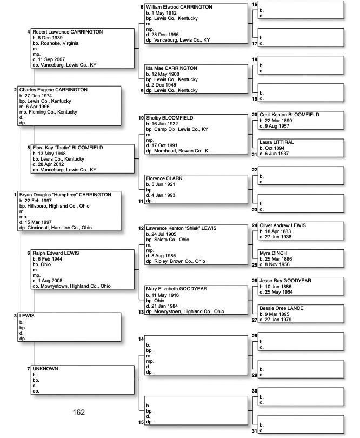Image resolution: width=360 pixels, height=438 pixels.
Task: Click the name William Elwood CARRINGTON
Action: (x=181, y=7)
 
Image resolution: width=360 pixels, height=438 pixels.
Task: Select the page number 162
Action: (x=79, y=413)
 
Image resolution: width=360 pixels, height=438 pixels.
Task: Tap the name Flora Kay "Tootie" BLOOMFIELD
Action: (x=68, y=148)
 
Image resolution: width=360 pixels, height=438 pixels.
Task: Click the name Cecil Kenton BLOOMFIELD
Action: (x=289, y=115)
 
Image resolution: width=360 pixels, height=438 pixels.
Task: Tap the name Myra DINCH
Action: (x=274, y=253)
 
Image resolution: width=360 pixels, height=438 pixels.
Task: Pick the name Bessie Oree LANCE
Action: (x=282, y=308)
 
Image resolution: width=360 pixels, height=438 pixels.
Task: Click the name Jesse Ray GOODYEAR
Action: (x=285, y=281)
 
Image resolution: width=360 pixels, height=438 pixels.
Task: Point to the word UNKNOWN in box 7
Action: (x=45, y=369)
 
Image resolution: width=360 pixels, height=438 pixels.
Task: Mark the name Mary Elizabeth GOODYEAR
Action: (x=176, y=289)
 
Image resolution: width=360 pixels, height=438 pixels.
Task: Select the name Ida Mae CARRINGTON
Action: (x=171, y=68)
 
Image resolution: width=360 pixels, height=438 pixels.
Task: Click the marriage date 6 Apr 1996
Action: (x=37, y=107)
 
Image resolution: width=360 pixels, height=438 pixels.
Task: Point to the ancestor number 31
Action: (x=255, y=430)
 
